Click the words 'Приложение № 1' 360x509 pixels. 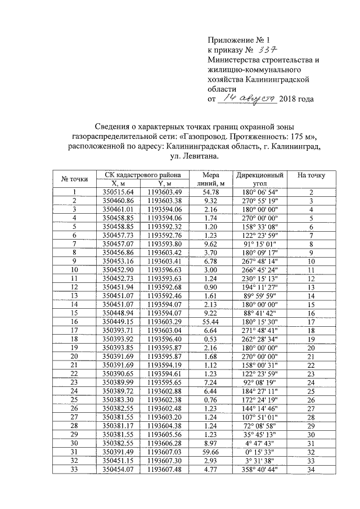(239, 39)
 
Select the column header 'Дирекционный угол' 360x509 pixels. (259, 179)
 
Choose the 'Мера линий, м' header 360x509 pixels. (214, 179)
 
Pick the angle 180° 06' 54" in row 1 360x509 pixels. (259, 192)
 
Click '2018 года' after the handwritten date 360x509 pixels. (296, 99)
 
